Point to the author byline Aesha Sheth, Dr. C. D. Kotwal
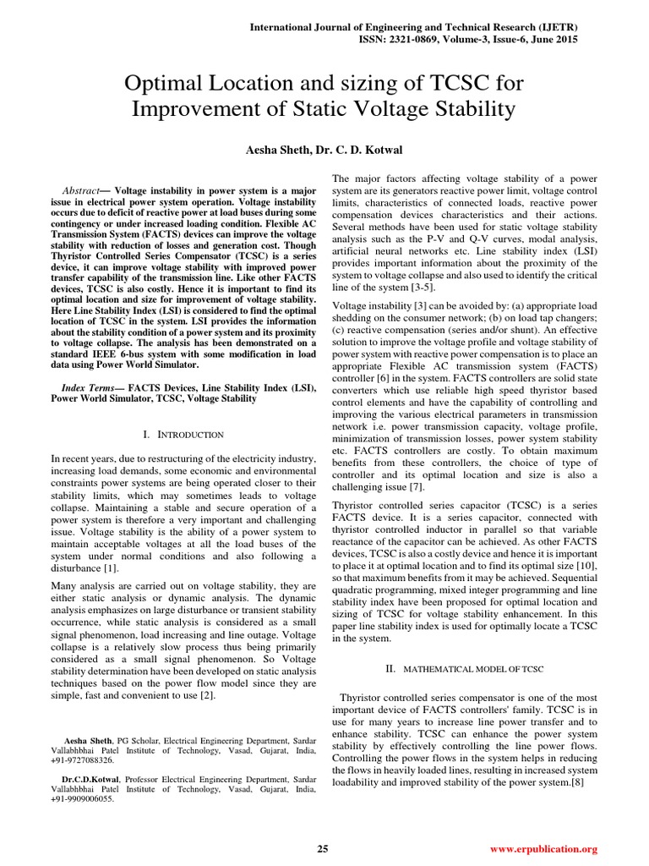coord(324,149)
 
